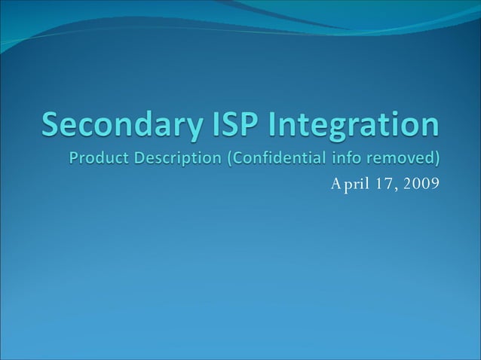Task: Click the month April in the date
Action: tap(350, 182)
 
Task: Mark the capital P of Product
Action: tap(75, 159)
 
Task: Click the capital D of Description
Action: tap(137, 159)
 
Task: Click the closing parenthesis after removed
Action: tap(436, 160)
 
